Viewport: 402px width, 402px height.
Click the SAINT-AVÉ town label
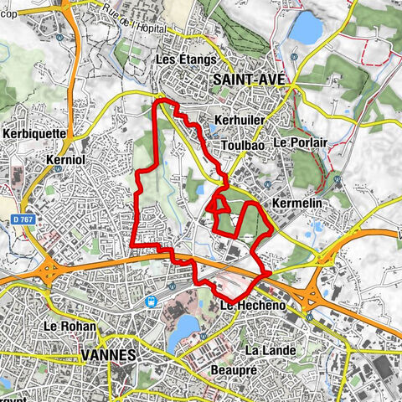tap(249, 79)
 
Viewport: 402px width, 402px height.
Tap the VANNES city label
tap(110, 355)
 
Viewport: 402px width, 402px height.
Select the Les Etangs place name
tap(186, 59)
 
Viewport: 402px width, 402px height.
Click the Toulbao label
tap(244, 145)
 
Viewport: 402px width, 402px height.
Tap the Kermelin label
tap(297, 204)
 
